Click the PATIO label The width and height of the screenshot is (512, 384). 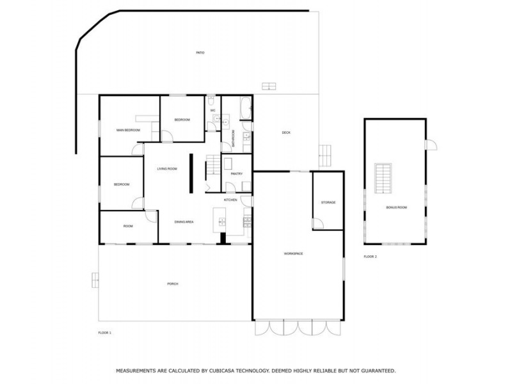click(200, 52)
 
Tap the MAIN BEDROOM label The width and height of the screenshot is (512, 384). click(128, 130)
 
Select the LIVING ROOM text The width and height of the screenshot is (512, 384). click(167, 168)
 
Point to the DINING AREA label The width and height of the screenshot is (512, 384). click(184, 221)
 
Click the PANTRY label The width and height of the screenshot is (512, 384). click(236, 173)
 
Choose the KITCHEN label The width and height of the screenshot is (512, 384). click(230, 200)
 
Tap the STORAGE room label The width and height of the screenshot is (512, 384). click(328, 202)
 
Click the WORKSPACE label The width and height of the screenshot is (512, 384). click(293, 253)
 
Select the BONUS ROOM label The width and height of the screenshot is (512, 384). click(396, 208)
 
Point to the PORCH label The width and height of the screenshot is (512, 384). click(172, 284)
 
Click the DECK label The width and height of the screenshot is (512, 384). click(286, 132)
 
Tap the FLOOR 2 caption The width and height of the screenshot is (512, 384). click(371, 256)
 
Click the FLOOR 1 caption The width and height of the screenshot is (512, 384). click(105, 333)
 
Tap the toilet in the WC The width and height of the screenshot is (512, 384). click(211, 101)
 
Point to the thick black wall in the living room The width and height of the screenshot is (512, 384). click(190, 173)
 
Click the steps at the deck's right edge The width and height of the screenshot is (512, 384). click(325, 155)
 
